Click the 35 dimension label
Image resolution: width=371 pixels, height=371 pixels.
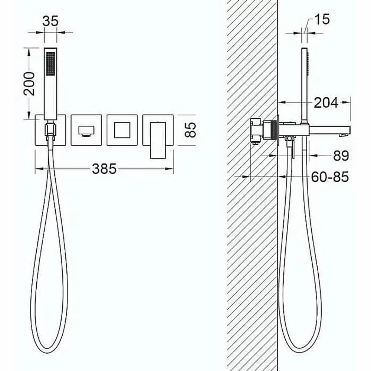(50, 21)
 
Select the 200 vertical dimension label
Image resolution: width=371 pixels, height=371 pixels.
(29, 84)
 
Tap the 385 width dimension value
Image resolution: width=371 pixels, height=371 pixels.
(104, 169)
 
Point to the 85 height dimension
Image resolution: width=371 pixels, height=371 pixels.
(190, 129)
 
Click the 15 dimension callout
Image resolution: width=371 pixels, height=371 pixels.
(322, 19)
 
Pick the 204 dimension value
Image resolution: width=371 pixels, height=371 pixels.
(326, 103)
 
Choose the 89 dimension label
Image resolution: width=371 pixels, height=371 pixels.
(341, 156)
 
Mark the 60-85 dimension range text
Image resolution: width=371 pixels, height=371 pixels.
(330, 177)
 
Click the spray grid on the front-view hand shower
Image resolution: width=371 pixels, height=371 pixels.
(50, 64)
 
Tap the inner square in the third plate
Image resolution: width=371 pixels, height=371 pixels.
(122, 130)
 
